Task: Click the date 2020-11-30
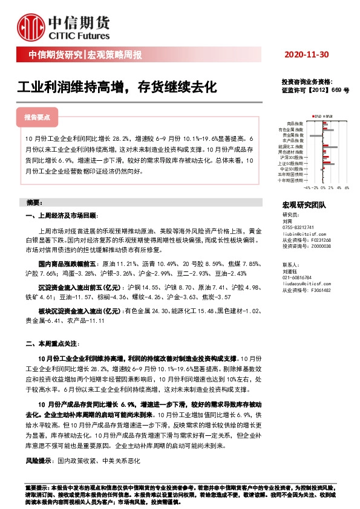pos(306,55)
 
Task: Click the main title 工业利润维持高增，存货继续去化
pos(116,86)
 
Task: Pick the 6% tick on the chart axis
pos(347,187)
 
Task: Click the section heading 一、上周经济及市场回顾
pos(61,216)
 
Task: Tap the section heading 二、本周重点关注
pos(52,343)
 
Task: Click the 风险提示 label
pos(38,461)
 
